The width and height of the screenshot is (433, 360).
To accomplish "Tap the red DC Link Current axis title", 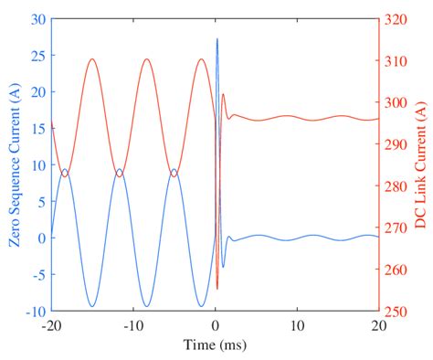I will pos(420,165).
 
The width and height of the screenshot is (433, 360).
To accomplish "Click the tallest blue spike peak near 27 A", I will pos(217,39).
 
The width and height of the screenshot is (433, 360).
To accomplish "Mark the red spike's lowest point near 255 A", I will pos(217,289).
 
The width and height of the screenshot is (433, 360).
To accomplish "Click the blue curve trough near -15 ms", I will pos(92,306).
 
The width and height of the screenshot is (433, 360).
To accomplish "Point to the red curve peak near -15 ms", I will pos(92,59).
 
